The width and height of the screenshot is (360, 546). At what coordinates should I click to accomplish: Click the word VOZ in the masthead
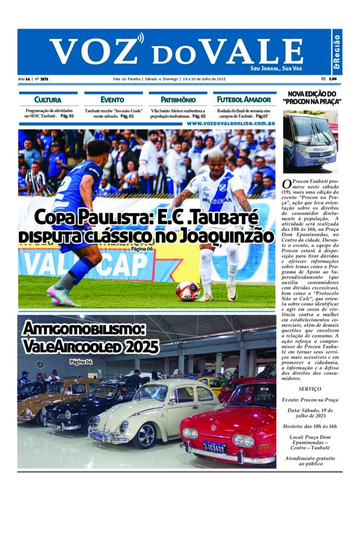tap(93, 51)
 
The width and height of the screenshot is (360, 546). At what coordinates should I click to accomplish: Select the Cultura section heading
tap(47, 100)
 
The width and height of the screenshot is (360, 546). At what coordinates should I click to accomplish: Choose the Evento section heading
tap(111, 100)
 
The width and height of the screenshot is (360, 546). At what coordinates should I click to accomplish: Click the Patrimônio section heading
tap(178, 100)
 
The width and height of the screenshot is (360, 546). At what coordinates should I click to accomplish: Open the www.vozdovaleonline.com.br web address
tap(230, 123)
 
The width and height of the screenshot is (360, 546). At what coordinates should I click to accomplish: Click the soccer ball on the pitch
tap(188, 291)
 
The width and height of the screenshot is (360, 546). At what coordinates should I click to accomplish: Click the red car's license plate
tap(214, 446)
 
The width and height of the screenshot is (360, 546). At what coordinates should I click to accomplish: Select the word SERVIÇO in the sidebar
tap(310, 389)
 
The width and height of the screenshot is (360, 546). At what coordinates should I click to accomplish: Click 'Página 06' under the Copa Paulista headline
tap(142, 249)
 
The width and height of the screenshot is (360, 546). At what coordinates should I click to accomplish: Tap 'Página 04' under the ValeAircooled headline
tap(81, 362)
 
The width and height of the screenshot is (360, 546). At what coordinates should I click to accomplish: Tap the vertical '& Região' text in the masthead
tap(337, 52)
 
